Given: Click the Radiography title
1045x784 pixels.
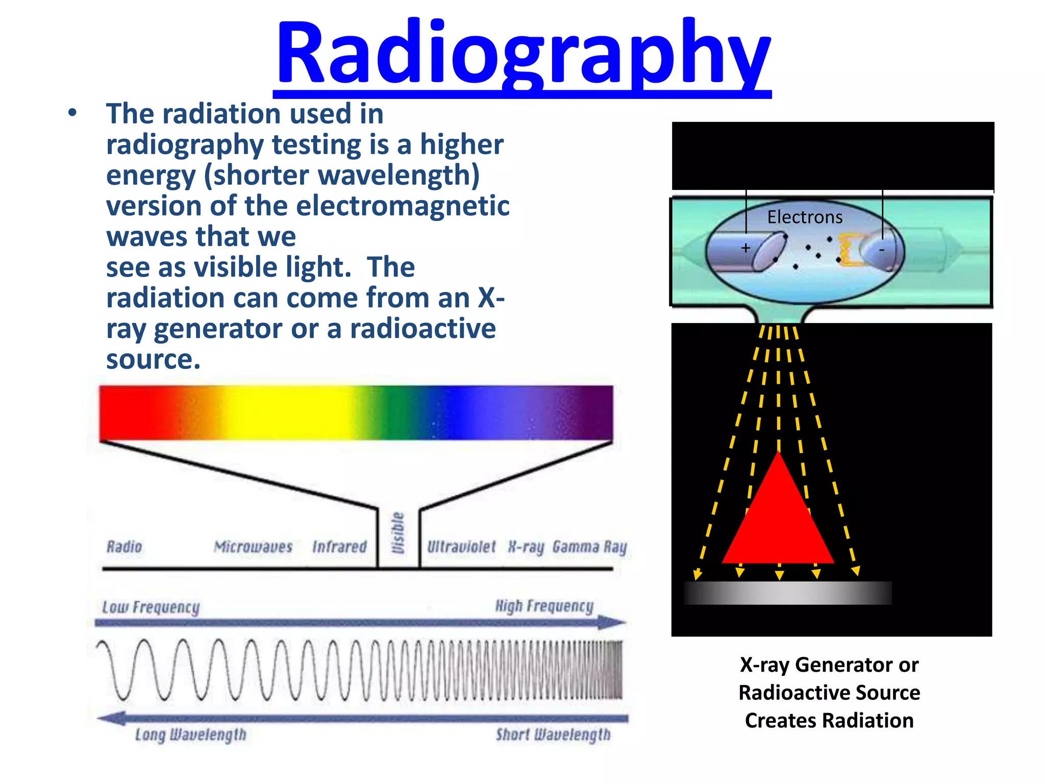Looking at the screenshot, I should (522, 54).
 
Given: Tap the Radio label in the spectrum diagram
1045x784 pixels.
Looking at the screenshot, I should (125, 547).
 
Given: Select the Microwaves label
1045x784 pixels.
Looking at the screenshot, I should (253, 547).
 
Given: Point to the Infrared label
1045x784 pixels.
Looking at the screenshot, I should (339, 547).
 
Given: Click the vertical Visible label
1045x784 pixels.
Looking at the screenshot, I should (398, 533).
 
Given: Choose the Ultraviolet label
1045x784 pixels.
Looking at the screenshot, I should (461, 547).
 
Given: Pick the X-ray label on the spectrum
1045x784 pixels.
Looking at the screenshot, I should (526, 547).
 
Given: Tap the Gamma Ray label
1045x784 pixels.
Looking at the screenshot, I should (589, 547).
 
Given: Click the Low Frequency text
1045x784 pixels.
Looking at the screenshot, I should (151, 607).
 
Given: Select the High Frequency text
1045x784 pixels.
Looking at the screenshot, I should (544, 606).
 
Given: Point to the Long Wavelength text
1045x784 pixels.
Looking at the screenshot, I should (191, 734).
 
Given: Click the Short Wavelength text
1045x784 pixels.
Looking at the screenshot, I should (553, 734).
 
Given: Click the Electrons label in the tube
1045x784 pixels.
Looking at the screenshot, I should (805, 217).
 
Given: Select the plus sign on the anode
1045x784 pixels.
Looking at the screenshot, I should (745, 248).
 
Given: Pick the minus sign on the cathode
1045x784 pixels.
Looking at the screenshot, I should (881, 250).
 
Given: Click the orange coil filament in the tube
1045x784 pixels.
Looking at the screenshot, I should (848, 250).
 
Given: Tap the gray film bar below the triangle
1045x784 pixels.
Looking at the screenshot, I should (787, 593).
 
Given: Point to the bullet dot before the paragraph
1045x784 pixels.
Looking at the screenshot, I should (72, 113).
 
